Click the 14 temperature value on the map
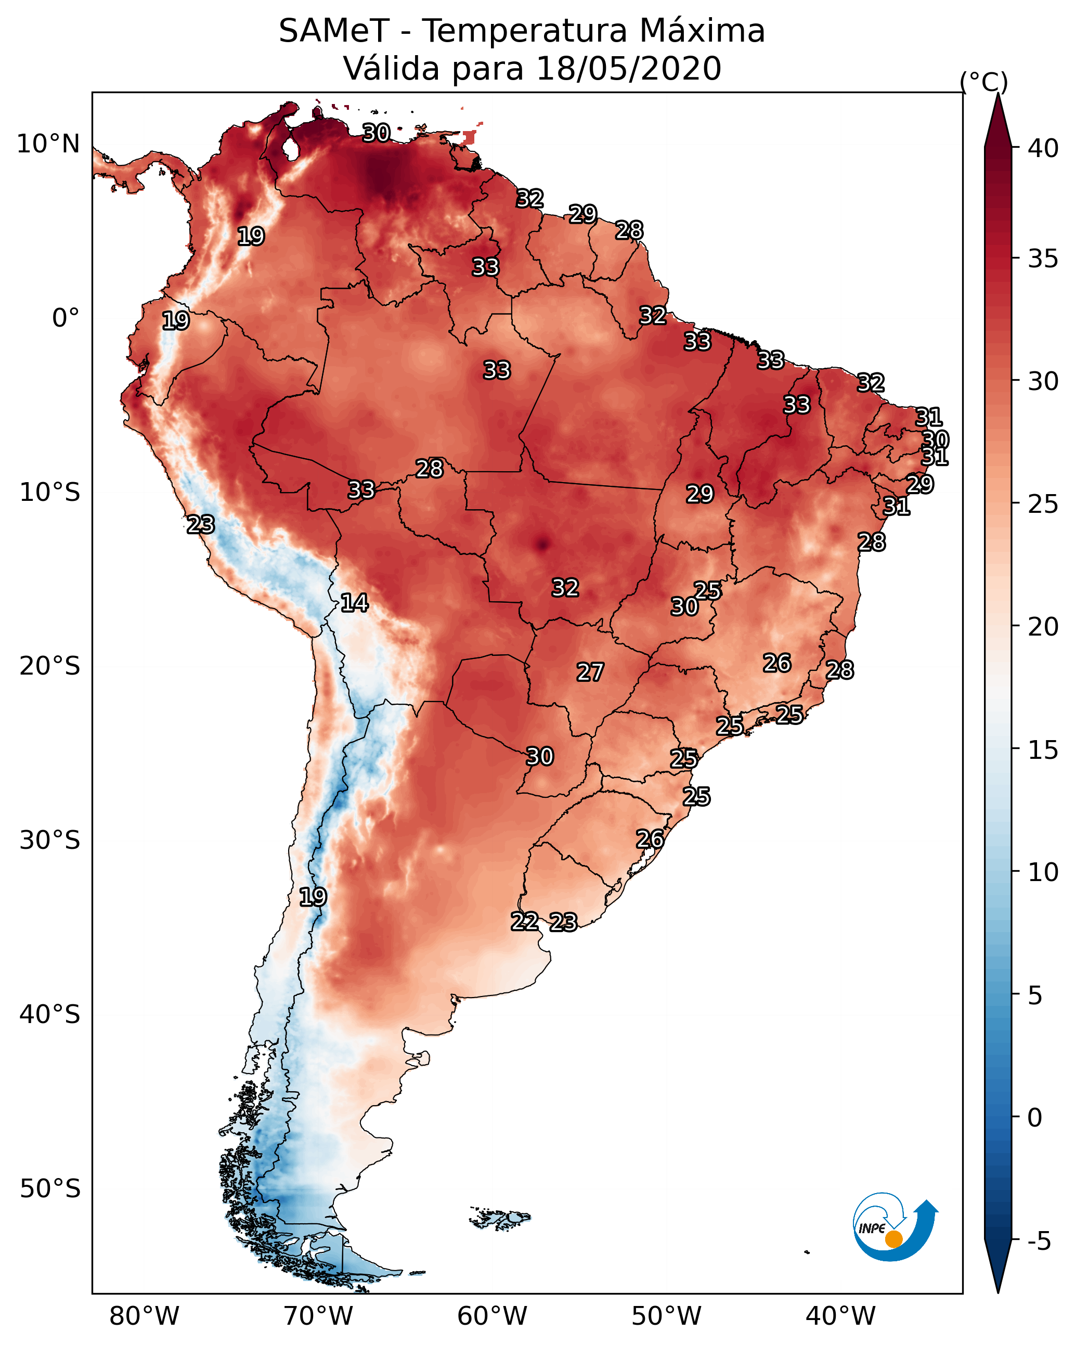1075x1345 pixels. point(354,603)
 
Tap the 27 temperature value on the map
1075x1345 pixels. point(590,672)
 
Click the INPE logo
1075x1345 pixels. point(896,1226)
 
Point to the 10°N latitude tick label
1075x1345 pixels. point(48,144)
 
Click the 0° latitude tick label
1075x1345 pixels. point(66,318)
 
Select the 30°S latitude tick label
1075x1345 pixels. point(50,840)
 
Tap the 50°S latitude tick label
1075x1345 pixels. point(50,1189)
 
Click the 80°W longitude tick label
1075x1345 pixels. point(144,1316)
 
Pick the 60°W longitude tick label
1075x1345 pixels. point(493,1316)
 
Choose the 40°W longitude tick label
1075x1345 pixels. point(840,1316)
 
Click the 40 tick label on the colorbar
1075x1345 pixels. point(1043,148)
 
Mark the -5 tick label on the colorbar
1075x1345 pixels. point(1040,1241)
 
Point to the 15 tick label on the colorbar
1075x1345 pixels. point(1043,751)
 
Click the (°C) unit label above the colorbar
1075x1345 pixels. point(983,82)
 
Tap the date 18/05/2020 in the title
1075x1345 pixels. point(628,69)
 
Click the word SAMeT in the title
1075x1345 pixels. point(334,31)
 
